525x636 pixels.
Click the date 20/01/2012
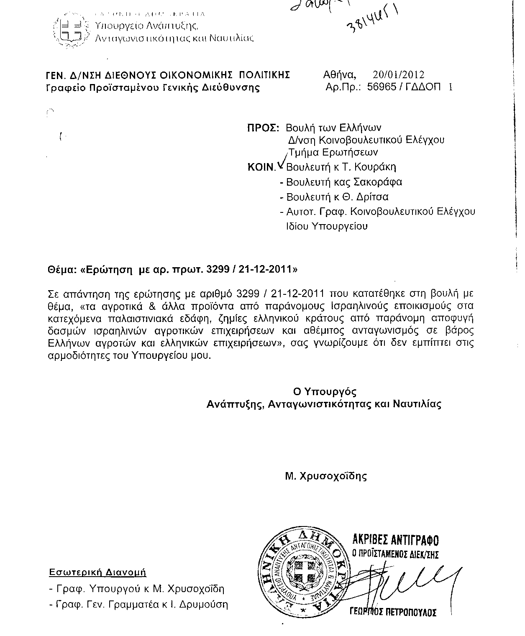[x=398, y=75]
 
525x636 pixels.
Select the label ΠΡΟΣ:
[x=263, y=128]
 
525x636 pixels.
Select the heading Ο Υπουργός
[x=324, y=392]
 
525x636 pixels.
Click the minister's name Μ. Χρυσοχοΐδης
[x=325, y=476]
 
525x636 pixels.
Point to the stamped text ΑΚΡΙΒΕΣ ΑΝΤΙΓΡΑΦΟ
[x=394, y=540]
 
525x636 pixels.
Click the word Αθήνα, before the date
[x=340, y=75]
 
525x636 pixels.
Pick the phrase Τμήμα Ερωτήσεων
[x=333, y=152]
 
